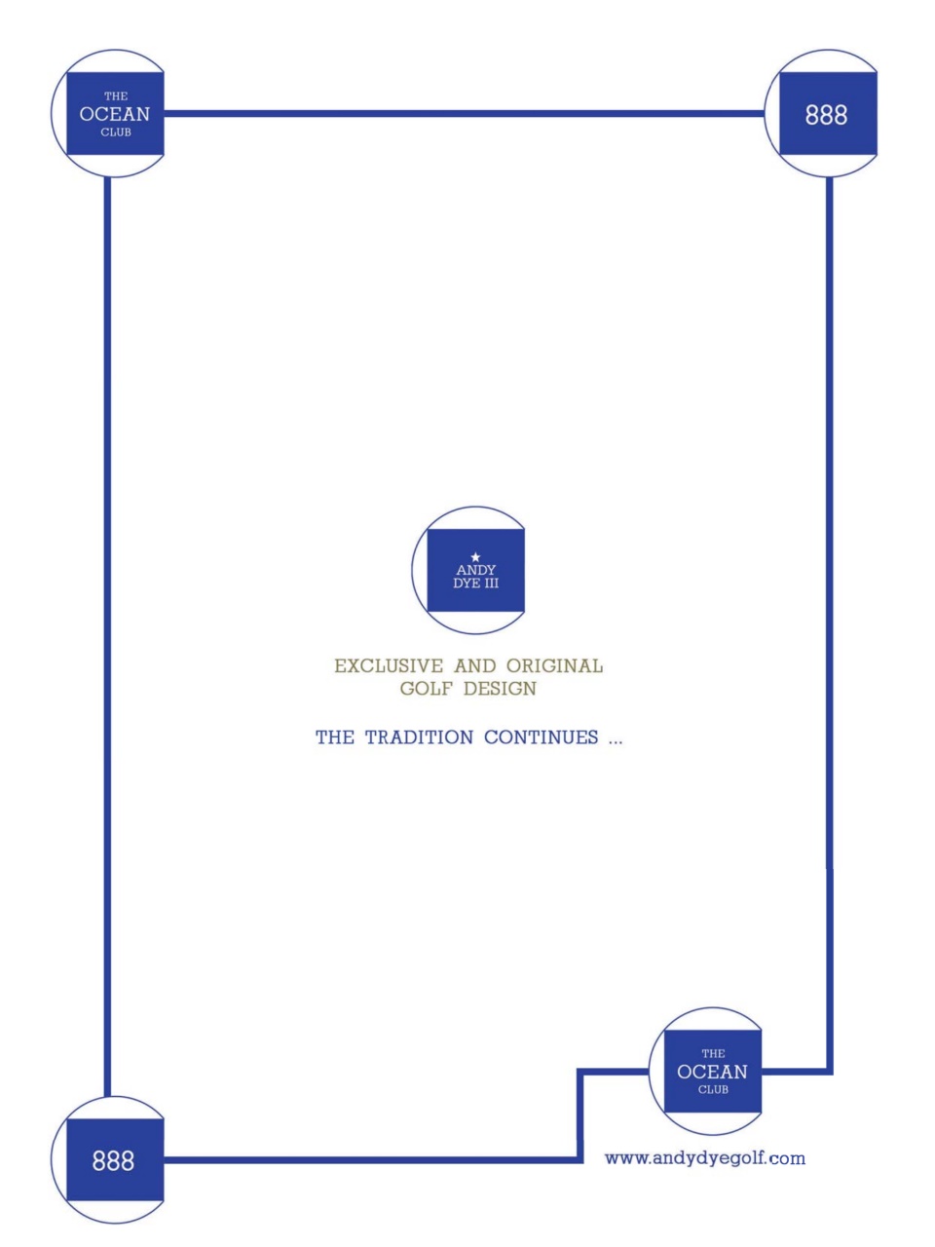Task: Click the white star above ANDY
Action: pyautogui.click(x=475, y=557)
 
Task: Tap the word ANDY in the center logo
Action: pyautogui.click(x=475, y=570)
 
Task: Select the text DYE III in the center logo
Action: pyautogui.click(x=475, y=584)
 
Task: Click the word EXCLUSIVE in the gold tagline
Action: pyautogui.click(x=389, y=666)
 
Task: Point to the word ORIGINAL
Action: pyautogui.click(x=554, y=666)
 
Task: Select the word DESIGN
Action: pyautogui.click(x=500, y=689)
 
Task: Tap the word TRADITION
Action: pyautogui.click(x=419, y=737)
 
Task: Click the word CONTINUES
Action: pyautogui.click(x=542, y=737)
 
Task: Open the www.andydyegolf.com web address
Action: pyautogui.click(x=705, y=1158)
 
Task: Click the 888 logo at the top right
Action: pyautogui.click(x=826, y=115)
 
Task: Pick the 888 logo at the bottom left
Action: pyautogui.click(x=113, y=1161)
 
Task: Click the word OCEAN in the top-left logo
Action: pyautogui.click(x=115, y=114)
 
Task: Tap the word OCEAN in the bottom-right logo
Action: pyautogui.click(x=712, y=1072)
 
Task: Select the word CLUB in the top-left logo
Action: pyautogui.click(x=116, y=132)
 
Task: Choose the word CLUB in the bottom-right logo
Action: pyautogui.click(x=713, y=1090)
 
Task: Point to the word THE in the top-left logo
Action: pyautogui.click(x=116, y=96)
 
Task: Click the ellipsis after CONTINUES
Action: pyautogui.click(x=615, y=740)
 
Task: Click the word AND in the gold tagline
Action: pyautogui.click(x=474, y=666)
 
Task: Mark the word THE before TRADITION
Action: pyautogui.click(x=335, y=737)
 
